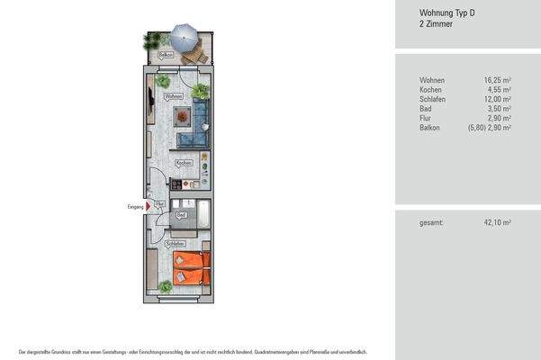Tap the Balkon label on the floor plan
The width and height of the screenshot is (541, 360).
coord(166,55)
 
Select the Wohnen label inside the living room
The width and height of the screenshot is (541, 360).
coord(174,95)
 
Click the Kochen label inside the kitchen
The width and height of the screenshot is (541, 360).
coord(184,163)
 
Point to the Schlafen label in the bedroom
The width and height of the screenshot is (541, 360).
coord(175,244)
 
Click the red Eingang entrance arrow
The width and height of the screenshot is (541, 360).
coord(149,206)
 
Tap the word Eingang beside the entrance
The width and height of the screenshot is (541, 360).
coord(135,206)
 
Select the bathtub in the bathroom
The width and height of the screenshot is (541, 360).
coord(204,215)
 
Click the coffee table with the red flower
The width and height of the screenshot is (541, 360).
coord(183,116)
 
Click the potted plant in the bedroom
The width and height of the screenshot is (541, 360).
coord(166,286)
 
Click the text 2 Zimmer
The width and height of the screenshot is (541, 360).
coord(435,24)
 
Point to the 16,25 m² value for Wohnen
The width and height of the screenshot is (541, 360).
coord(497,80)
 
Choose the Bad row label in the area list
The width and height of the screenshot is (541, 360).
coord(426,108)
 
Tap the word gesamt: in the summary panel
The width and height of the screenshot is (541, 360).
coord(432,222)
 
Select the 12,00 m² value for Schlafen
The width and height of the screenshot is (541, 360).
coord(497,99)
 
